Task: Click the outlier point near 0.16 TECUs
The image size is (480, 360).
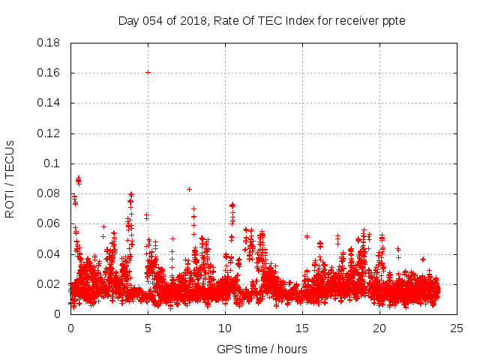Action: (x=148, y=72)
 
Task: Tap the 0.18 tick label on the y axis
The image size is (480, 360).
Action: (x=49, y=43)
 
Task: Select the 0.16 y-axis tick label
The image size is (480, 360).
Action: (x=49, y=73)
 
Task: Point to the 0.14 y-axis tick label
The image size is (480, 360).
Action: (x=49, y=103)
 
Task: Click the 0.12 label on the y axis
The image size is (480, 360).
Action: (x=49, y=133)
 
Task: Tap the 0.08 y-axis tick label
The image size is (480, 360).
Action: (x=49, y=193)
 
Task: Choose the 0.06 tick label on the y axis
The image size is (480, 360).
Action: (x=49, y=223)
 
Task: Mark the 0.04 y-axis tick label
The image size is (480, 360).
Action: (x=49, y=253)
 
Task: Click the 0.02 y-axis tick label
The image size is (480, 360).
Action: (x=49, y=284)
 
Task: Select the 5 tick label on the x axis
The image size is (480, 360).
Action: (x=148, y=328)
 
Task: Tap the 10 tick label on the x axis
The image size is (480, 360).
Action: (x=225, y=328)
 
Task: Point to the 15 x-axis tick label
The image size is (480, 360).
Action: (x=302, y=328)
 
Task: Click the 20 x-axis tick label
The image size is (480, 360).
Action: (x=379, y=328)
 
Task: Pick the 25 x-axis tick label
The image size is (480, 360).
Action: (x=457, y=328)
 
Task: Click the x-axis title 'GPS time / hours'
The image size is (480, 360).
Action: (x=262, y=349)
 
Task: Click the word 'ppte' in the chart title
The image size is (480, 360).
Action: (x=393, y=20)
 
